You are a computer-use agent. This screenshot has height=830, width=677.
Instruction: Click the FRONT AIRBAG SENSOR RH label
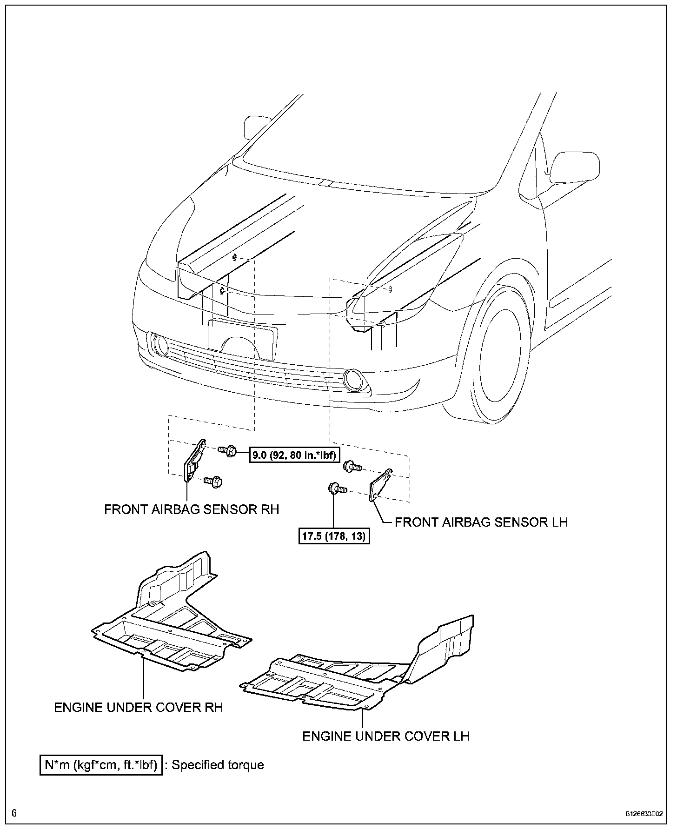(x=192, y=509)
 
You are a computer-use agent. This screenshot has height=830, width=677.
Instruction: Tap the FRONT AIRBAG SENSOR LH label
(x=481, y=522)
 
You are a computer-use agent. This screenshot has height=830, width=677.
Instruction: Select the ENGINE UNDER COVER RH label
(x=139, y=708)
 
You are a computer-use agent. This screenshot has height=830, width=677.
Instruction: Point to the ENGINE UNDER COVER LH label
(x=385, y=736)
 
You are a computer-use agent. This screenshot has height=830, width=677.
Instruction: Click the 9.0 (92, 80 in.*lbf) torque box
(x=294, y=455)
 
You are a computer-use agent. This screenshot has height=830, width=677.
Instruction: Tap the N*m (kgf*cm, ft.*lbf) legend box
(x=101, y=765)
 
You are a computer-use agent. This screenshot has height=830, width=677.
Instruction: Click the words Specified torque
(x=218, y=765)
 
